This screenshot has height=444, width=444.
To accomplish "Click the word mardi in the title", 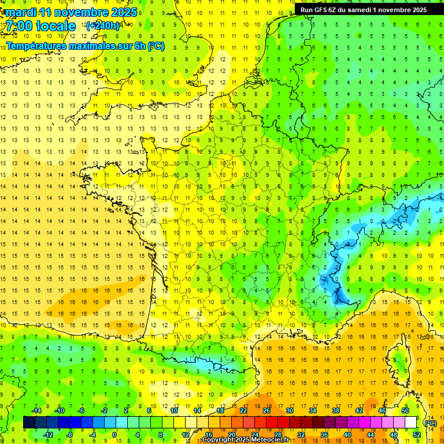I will coord(20,12).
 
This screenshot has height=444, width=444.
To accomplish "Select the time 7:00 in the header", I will coord(18,26).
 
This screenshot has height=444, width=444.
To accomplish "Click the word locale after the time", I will coord(55,26).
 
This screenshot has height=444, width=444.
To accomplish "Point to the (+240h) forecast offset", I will coord(103,26).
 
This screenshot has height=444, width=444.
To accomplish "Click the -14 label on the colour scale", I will coord(36,410).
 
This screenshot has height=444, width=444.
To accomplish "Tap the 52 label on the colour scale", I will coord(417,435).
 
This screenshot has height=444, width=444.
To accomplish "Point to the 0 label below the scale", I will coord(114,435).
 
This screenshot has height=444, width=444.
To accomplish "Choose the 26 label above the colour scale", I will coord(267,410).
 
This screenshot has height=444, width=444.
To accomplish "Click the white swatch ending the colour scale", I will coord(410,423).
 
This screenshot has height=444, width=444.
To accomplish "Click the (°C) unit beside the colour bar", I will coord(430,423).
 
